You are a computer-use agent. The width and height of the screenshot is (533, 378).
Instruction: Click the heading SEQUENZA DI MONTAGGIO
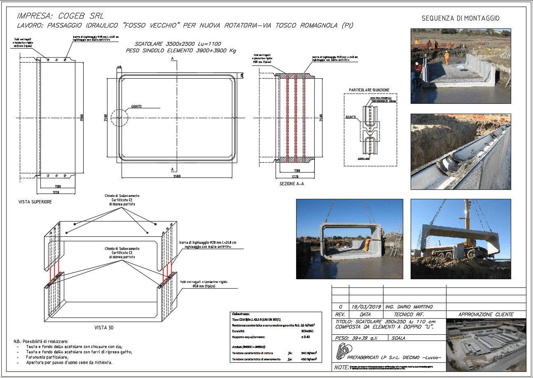460,18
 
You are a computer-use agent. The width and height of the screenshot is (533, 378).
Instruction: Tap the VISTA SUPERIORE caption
35,202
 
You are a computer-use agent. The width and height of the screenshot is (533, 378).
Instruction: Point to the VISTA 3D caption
104,328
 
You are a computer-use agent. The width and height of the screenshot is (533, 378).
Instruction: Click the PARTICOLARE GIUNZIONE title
369,90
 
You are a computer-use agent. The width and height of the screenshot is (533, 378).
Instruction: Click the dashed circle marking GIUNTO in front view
119,118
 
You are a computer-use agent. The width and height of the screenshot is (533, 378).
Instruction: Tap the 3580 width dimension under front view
177,176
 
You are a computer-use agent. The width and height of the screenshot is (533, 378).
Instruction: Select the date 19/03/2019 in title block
366,307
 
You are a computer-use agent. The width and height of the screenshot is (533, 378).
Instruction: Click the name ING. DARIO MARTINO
409,307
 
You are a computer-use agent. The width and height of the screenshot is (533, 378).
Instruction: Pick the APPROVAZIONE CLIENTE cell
486,315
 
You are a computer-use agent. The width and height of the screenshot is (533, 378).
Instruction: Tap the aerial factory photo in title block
486,344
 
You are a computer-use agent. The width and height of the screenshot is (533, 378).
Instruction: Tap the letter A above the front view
172,59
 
